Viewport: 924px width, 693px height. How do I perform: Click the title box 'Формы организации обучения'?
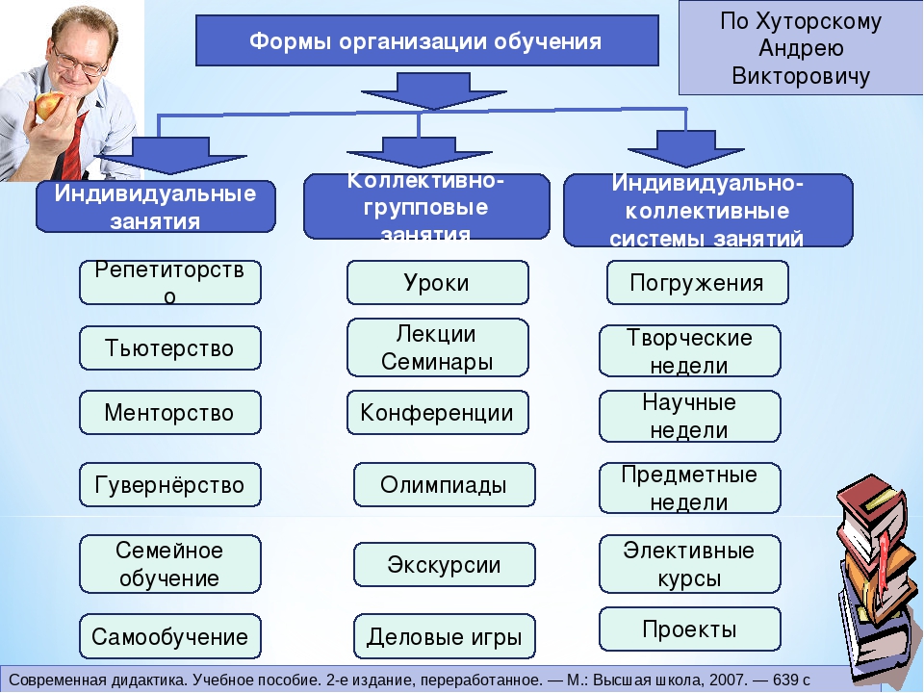pyautogui.click(x=427, y=41)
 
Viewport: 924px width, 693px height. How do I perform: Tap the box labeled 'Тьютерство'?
pyautogui.click(x=169, y=347)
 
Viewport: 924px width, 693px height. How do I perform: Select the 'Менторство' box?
pyautogui.click(x=169, y=413)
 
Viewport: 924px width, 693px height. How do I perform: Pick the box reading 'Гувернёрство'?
pyautogui.click(x=169, y=484)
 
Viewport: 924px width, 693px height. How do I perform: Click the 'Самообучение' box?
pyautogui.click(x=169, y=636)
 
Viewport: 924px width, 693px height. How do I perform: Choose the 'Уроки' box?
pyautogui.click(x=437, y=282)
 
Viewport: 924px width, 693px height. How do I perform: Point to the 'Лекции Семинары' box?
pyautogui.click(x=437, y=347)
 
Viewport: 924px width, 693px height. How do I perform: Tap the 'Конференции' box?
pyautogui.click(x=437, y=413)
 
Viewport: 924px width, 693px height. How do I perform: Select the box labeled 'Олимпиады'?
pyautogui.click(x=444, y=485)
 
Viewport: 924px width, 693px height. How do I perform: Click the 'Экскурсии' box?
pyautogui.click(x=444, y=564)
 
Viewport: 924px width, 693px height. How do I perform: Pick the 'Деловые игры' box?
pyautogui.click(x=444, y=636)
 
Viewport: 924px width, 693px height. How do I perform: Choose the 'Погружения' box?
pyautogui.click(x=697, y=282)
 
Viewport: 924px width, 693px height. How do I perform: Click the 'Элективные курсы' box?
pyautogui.click(x=689, y=565)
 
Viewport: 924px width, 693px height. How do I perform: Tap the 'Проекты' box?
pyautogui.click(x=689, y=629)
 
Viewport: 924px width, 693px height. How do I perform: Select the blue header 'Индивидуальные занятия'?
pyautogui.click(x=155, y=206)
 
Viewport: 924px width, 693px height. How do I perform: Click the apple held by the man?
pyautogui.click(x=49, y=105)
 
